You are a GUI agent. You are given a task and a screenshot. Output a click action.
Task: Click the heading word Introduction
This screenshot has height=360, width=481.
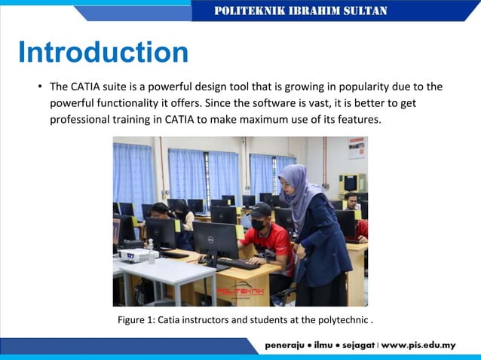tap(103, 53)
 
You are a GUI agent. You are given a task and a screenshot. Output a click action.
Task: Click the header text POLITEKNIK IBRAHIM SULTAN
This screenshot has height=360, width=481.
tap(301, 11)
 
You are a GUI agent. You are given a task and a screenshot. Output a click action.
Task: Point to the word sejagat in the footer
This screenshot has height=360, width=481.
tap(355, 346)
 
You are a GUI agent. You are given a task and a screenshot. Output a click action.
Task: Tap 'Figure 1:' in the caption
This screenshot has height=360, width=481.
tap(136, 320)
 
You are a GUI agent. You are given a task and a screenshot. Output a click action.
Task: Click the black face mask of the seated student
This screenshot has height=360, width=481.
tap(259, 225)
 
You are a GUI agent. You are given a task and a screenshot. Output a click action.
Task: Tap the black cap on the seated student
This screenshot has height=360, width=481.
tap(260, 210)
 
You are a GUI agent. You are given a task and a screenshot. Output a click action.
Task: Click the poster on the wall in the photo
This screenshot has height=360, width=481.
tap(356, 148)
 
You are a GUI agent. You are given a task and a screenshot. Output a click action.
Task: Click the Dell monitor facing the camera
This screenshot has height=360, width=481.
tap(215, 239)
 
